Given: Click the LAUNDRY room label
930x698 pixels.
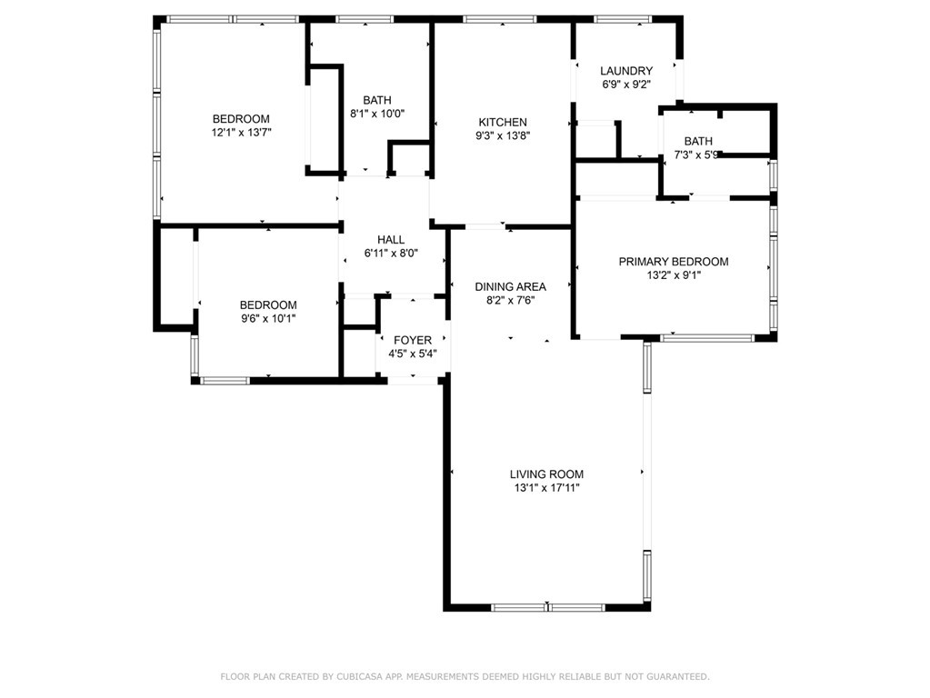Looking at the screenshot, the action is pos(626,71).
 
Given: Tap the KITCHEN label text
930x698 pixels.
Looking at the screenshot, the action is pos(503,122).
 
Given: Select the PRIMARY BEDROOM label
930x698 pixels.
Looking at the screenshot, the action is pos(674,262).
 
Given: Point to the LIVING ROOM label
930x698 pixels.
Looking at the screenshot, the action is pos(547,474).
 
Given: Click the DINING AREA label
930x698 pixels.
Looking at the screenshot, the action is pos(511,287).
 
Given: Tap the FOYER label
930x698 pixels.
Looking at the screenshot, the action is pos(413,341).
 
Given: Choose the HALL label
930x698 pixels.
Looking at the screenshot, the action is pos(391,240).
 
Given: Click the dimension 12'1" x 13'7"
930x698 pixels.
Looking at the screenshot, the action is pos(242,133).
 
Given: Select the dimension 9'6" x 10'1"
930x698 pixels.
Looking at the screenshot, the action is pos(268,318).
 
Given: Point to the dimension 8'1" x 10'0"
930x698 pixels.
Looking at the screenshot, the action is pos(377,114).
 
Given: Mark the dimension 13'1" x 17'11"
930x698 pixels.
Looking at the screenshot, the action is pos(547,488).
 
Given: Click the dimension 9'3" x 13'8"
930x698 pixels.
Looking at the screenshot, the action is pos(503,135).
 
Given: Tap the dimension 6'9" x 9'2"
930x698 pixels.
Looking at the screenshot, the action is pos(626,85).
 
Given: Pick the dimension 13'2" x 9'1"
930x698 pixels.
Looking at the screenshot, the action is pos(674,275).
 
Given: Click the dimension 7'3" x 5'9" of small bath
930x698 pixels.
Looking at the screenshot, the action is pos(698,155).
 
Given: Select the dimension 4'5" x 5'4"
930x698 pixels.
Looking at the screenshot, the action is pos(413,354).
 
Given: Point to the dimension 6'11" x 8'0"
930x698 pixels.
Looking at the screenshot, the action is pos(391,254).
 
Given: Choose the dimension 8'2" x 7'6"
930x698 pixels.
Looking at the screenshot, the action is pos(511,301).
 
